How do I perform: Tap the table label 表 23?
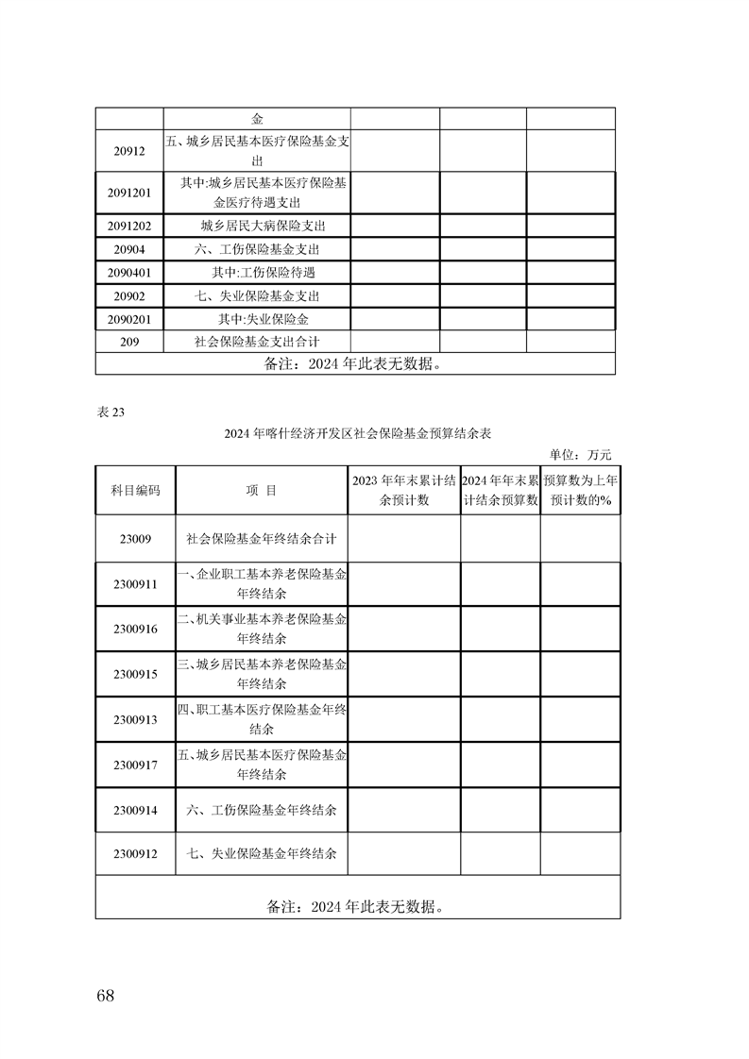point(111,411)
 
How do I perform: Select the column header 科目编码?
point(135,491)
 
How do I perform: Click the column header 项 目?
point(262,491)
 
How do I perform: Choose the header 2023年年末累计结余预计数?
point(404,491)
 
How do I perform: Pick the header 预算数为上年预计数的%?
point(580,491)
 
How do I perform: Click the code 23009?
point(135,538)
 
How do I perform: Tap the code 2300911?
point(135,584)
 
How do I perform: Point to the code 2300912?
point(135,853)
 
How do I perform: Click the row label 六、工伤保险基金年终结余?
point(262,810)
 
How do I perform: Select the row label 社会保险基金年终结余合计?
point(262,538)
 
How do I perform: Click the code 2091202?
point(130,226)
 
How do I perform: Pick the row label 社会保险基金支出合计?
point(258,342)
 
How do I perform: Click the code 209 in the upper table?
point(130,342)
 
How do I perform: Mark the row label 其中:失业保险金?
point(258,319)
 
